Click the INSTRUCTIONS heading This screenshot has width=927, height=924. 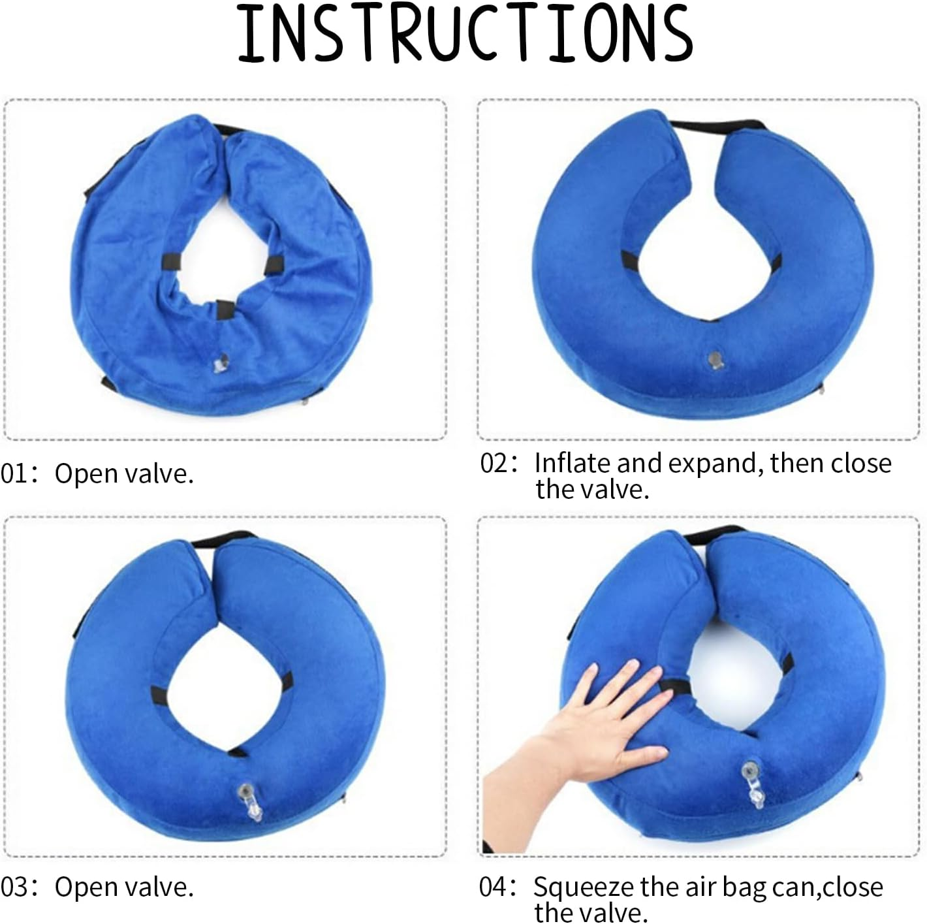464,34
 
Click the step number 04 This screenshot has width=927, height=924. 492,887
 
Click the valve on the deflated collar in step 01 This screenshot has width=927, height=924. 221,362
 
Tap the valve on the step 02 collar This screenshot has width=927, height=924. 715,358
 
